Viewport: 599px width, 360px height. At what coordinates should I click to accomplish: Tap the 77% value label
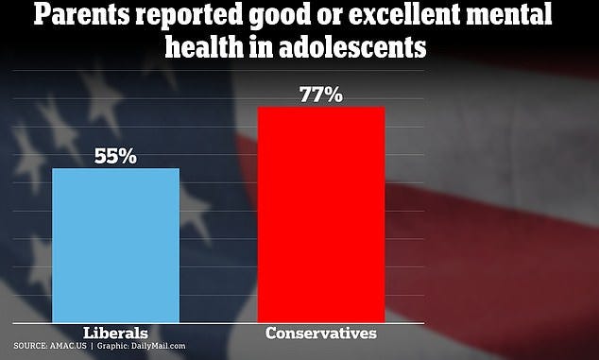click(x=321, y=94)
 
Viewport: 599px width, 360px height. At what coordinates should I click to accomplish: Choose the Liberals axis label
click(x=115, y=333)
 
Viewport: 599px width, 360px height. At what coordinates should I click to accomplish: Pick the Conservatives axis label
click(x=321, y=333)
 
